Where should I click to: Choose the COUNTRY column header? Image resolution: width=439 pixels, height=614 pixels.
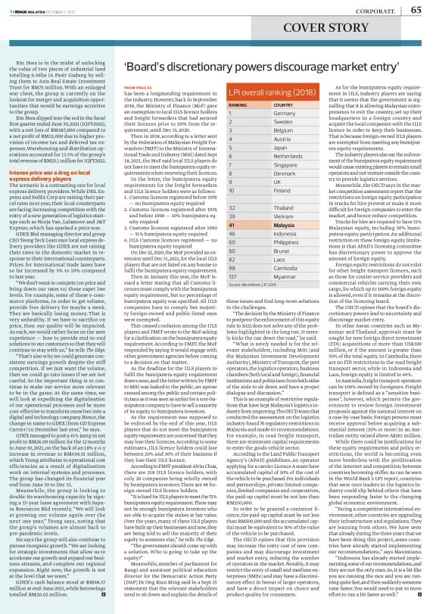pyautogui.click(x=284, y=105)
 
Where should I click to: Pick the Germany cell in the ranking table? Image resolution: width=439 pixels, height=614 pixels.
pyautogui.click(x=284, y=114)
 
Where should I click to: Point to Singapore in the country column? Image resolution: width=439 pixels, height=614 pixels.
pyautogui.click(x=286, y=164)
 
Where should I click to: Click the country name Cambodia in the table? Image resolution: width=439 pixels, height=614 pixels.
pyautogui.click(x=286, y=267)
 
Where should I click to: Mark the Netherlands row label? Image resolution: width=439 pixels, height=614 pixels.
pyautogui.click(x=289, y=156)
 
